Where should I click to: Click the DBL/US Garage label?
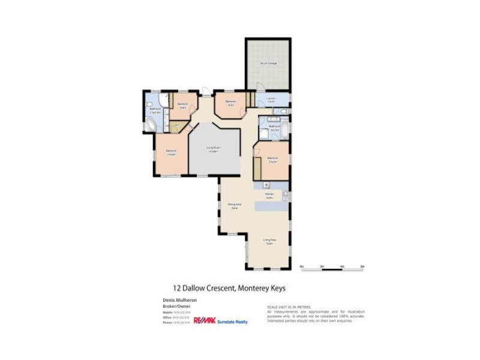tap(268, 63)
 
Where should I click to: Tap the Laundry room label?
tap(271, 100)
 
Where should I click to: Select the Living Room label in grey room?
tap(212, 149)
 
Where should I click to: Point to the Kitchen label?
tap(269, 196)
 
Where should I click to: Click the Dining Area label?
tap(234, 206)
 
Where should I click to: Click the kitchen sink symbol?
tap(286, 196)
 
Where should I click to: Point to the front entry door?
tap(206, 92)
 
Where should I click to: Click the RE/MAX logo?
tap(204, 321)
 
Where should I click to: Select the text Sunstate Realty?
tap(232, 322)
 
